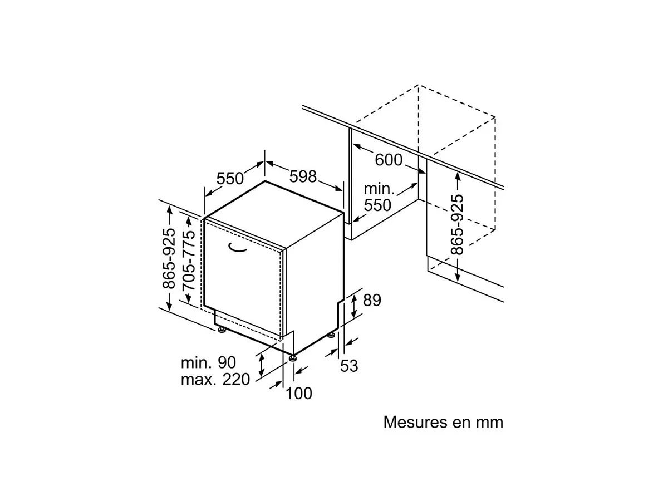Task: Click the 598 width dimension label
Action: point(303,176)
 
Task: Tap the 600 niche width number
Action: point(389,160)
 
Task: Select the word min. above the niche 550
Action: point(379,189)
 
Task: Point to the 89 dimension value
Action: point(372,300)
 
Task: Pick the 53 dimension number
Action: point(349,366)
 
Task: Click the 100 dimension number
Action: point(299,394)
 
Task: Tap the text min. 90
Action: point(208,362)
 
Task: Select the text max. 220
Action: point(215,379)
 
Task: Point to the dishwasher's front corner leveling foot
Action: point(292,358)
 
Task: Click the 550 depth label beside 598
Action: point(230,178)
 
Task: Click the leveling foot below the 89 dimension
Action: point(331,335)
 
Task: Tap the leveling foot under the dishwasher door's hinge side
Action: point(221,330)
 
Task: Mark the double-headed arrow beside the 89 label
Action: point(354,306)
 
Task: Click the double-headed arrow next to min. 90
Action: point(262,366)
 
